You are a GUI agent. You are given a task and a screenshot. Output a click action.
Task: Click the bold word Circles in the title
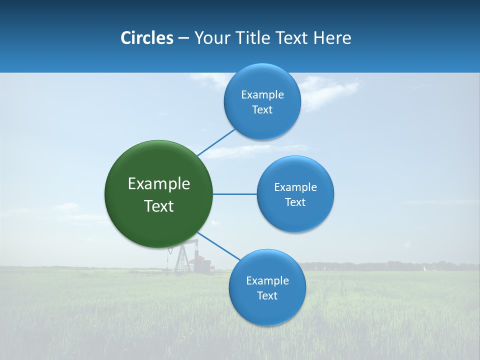click(x=146, y=38)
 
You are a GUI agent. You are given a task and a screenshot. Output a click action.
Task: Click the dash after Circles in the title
click(x=183, y=38)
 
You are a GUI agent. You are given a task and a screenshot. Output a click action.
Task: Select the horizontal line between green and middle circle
click(x=234, y=194)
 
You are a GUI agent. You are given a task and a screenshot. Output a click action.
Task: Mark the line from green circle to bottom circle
click(x=218, y=246)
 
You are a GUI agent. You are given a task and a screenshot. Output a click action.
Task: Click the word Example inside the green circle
click(x=158, y=184)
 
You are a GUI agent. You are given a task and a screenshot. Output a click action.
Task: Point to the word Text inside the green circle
click(x=158, y=206)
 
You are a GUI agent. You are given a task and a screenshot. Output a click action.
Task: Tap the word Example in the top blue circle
click(x=262, y=94)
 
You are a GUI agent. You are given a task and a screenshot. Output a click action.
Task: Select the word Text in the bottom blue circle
click(x=267, y=295)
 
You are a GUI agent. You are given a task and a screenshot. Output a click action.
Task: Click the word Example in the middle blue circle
click(x=295, y=187)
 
